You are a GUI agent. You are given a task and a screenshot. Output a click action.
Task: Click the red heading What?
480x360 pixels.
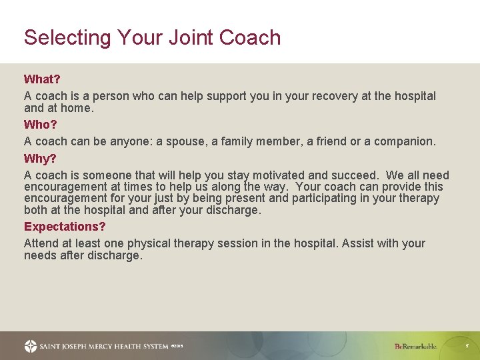click(42, 79)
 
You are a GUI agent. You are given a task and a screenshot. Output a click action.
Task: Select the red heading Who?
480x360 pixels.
click(41, 125)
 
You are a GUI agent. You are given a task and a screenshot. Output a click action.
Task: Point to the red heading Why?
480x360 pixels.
click(40, 159)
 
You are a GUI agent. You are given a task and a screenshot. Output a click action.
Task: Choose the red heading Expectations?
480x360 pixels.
click(65, 227)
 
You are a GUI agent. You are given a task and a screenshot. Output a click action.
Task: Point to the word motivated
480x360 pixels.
click(277, 175)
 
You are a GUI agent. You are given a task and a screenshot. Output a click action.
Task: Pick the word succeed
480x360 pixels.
click(352, 175)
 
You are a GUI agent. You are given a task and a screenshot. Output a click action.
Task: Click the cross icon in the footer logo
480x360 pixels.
click(31, 346)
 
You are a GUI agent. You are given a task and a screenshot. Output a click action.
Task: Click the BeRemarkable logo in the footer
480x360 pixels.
click(415, 346)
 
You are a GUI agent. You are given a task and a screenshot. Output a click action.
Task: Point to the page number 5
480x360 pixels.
click(467, 346)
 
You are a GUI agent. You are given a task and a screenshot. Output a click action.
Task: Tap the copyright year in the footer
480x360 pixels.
click(177, 346)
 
